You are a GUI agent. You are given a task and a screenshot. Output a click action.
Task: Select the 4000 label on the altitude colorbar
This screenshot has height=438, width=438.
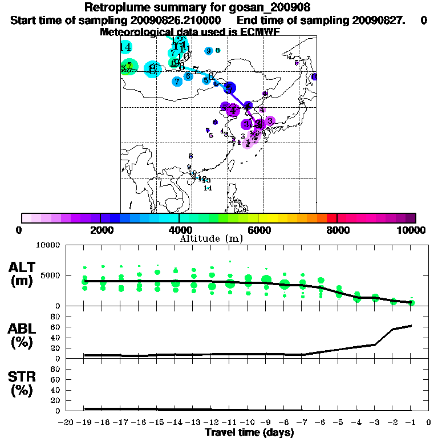pyautogui.click(x=179, y=230)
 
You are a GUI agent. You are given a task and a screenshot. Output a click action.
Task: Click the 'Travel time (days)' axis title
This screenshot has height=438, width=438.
pyautogui.click(x=249, y=433)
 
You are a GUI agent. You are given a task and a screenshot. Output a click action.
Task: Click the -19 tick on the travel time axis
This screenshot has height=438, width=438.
pyautogui.click(x=85, y=422)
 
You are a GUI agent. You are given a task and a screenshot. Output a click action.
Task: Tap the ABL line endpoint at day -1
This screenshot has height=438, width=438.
pyautogui.click(x=411, y=326)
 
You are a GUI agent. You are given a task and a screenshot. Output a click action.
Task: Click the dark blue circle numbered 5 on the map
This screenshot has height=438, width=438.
pyautogui.click(x=229, y=88)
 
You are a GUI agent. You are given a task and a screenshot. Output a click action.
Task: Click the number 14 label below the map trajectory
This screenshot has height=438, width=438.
pyautogui.click(x=208, y=188)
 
